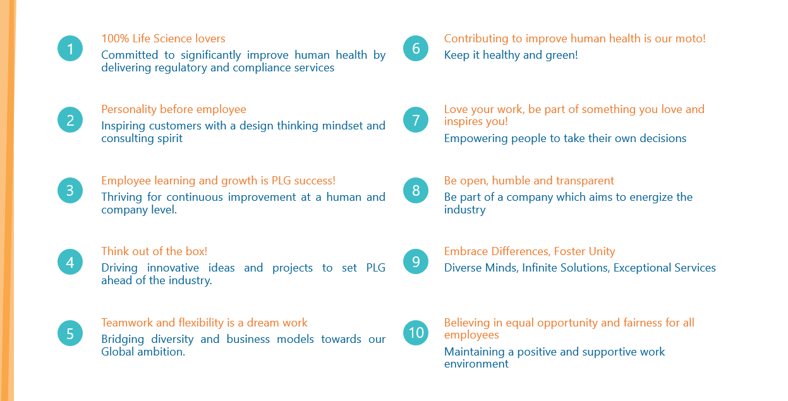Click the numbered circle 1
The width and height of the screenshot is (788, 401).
[70, 49]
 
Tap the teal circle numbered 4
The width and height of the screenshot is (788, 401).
[70, 262]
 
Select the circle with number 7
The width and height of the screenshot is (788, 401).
[416, 120]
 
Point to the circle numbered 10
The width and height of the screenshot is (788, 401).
[416, 333]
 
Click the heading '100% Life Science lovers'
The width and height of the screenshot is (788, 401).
[163, 39]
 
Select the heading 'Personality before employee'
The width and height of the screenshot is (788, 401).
[174, 109]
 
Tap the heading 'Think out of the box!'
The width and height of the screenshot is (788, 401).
[154, 251]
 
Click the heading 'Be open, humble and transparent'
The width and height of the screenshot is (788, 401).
[529, 181]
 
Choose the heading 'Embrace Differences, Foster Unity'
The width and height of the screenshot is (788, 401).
[530, 251]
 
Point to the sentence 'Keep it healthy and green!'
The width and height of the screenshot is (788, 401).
[511, 55]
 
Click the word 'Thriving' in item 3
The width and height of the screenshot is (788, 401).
[122, 197]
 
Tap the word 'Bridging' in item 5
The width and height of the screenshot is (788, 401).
[123, 340]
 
